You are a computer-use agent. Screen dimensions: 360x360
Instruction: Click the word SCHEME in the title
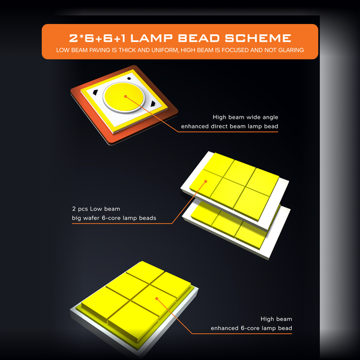(x=258, y=38)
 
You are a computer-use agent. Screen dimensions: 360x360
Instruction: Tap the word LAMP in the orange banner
(x=151, y=38)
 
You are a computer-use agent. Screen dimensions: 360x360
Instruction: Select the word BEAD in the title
(x=199, y=38)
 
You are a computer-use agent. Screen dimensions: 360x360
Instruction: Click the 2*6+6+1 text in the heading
(x=97, y=38)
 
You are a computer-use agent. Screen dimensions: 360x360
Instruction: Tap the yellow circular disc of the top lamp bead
(x=124, y=96)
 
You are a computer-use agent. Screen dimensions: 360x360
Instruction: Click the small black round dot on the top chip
(x=129, y=79)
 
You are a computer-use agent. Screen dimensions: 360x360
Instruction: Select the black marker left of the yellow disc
(x=95, y=92)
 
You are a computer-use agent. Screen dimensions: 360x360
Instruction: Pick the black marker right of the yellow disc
(x=153, y=104)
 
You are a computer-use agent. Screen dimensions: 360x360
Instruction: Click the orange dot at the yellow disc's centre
(x=125, y=97)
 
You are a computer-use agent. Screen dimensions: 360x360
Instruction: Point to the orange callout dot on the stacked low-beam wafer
(x=206, y=181)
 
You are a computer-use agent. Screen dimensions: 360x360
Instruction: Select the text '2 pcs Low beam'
(x=96, y=209)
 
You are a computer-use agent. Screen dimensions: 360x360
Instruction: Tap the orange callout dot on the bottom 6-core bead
(x=157, y=299)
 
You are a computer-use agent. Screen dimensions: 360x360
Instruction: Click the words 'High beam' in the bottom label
(x=276, y=319)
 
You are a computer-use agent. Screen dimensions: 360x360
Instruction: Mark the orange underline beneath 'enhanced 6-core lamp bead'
(x=242, y=334)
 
